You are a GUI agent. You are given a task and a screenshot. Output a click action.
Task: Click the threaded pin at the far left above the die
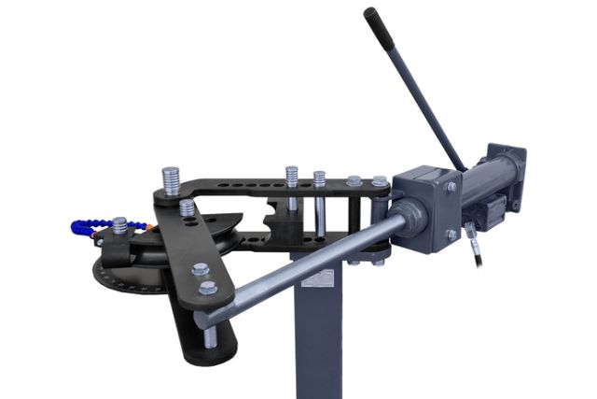119,227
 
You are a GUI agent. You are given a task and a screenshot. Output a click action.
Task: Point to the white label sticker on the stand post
322,279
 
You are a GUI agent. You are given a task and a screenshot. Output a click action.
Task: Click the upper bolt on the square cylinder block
451,188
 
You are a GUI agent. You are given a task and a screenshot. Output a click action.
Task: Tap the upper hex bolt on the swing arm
199,270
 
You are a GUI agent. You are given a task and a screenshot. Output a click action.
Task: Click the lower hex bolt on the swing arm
208,288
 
